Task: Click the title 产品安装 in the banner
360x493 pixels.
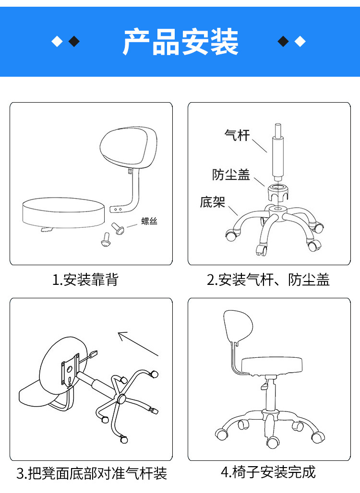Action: (180, 42)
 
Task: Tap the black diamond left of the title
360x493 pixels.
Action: (74, 42)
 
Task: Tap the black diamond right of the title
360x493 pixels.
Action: (284, 42)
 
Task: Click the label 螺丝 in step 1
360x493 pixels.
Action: (149, 221)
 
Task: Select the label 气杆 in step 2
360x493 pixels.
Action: (237, 135)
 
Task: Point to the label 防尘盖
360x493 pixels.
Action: (231, 175)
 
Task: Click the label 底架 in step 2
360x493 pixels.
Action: (212, 202)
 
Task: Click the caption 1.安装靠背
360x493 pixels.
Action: (85, 280)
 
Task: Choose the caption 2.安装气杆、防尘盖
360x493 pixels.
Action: (268, 280)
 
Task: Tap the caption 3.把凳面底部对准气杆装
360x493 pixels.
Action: (92, 474)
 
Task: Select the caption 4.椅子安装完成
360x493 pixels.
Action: (268, 472)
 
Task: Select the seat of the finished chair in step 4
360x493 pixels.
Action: (272, 365)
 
